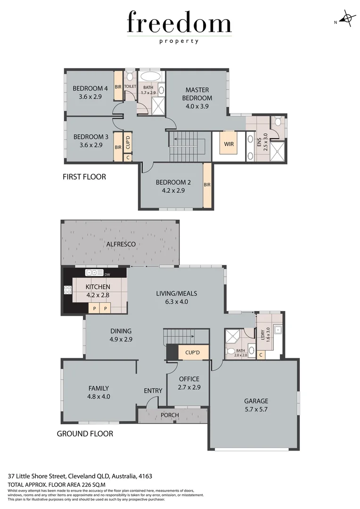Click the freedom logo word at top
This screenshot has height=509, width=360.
click(179, 24)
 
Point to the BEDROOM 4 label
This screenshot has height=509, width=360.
click(90, 89)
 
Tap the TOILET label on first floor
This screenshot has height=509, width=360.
click(130, 87)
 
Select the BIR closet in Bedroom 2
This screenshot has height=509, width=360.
click(207, 185)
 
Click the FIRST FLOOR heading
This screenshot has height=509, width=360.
click(84, 177)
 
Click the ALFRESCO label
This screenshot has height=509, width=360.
click(121, 244)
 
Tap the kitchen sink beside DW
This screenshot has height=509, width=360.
click(94, 273)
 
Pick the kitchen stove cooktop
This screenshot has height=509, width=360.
click(67, 290)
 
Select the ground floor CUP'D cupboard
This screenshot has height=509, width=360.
click(193, 353)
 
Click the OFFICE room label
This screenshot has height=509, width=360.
click(189, 379)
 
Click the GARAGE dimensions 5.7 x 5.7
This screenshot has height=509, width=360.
click(256, 410)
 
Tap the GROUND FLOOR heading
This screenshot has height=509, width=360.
click(85, 434)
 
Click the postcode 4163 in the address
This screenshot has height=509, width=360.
click(145, 476)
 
